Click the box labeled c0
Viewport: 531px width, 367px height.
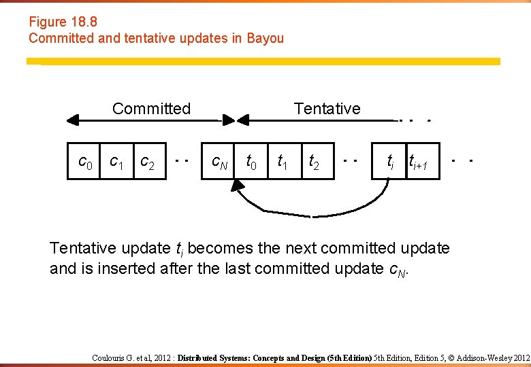tap(84, 162)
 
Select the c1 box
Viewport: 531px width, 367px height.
tap(116, 162)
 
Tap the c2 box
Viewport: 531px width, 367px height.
tap(150, 162)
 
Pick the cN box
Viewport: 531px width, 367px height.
tap(218, 162)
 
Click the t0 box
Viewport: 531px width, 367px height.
tap(251, 162)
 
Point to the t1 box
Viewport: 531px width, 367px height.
tap(284, 162)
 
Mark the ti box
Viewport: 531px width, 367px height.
tap(389, 162)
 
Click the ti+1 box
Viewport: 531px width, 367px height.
tap(422, 162)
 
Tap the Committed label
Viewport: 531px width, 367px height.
tap(151, 109)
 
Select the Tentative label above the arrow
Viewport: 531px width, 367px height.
tap(327, 109)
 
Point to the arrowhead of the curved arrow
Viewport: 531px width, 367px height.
tap(239, 186)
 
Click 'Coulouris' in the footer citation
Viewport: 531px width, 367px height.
tap(112, 357)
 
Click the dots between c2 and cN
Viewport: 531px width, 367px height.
tap(181, 162)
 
